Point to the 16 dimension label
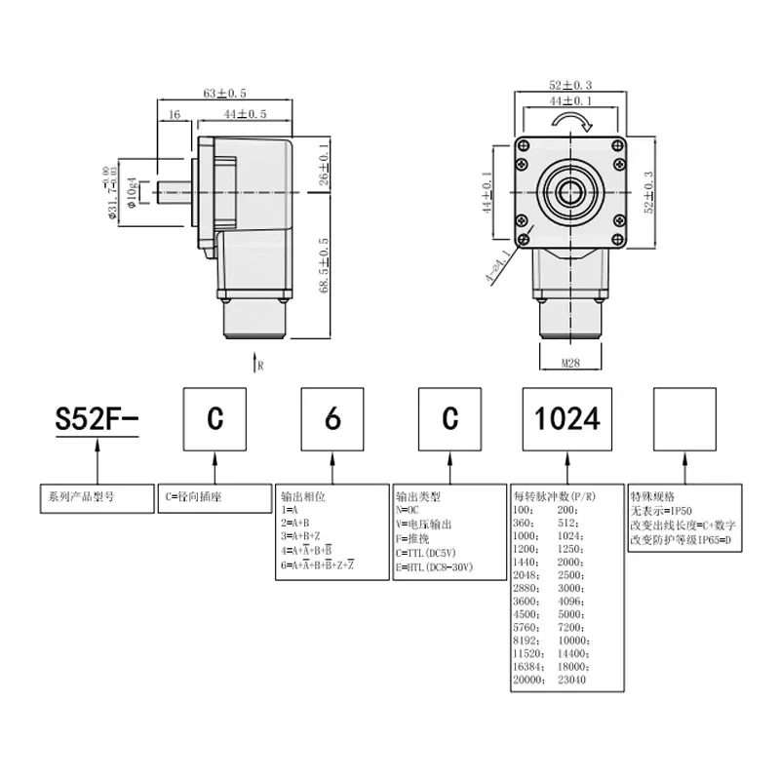175,114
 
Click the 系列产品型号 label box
96,495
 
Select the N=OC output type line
411,509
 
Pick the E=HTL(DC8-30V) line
435,565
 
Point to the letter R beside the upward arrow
260,366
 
